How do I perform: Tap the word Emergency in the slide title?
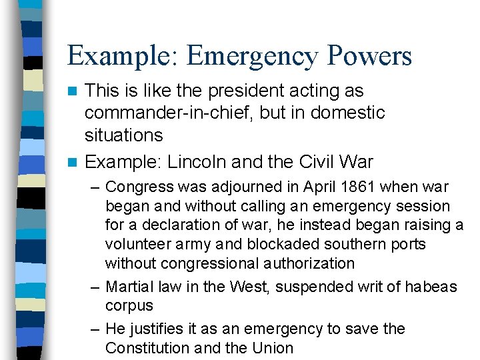[x=254, y=56]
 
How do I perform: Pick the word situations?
[x=123, y=135]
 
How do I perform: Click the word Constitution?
[x=148, y=348]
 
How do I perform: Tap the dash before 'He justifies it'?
[x=96, y=329]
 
